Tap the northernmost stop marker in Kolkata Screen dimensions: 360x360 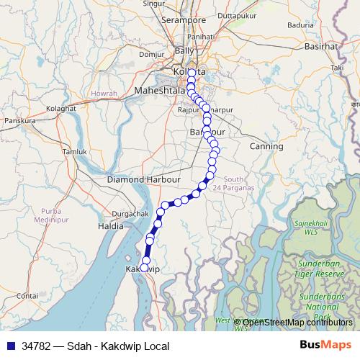tap(191, 73)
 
